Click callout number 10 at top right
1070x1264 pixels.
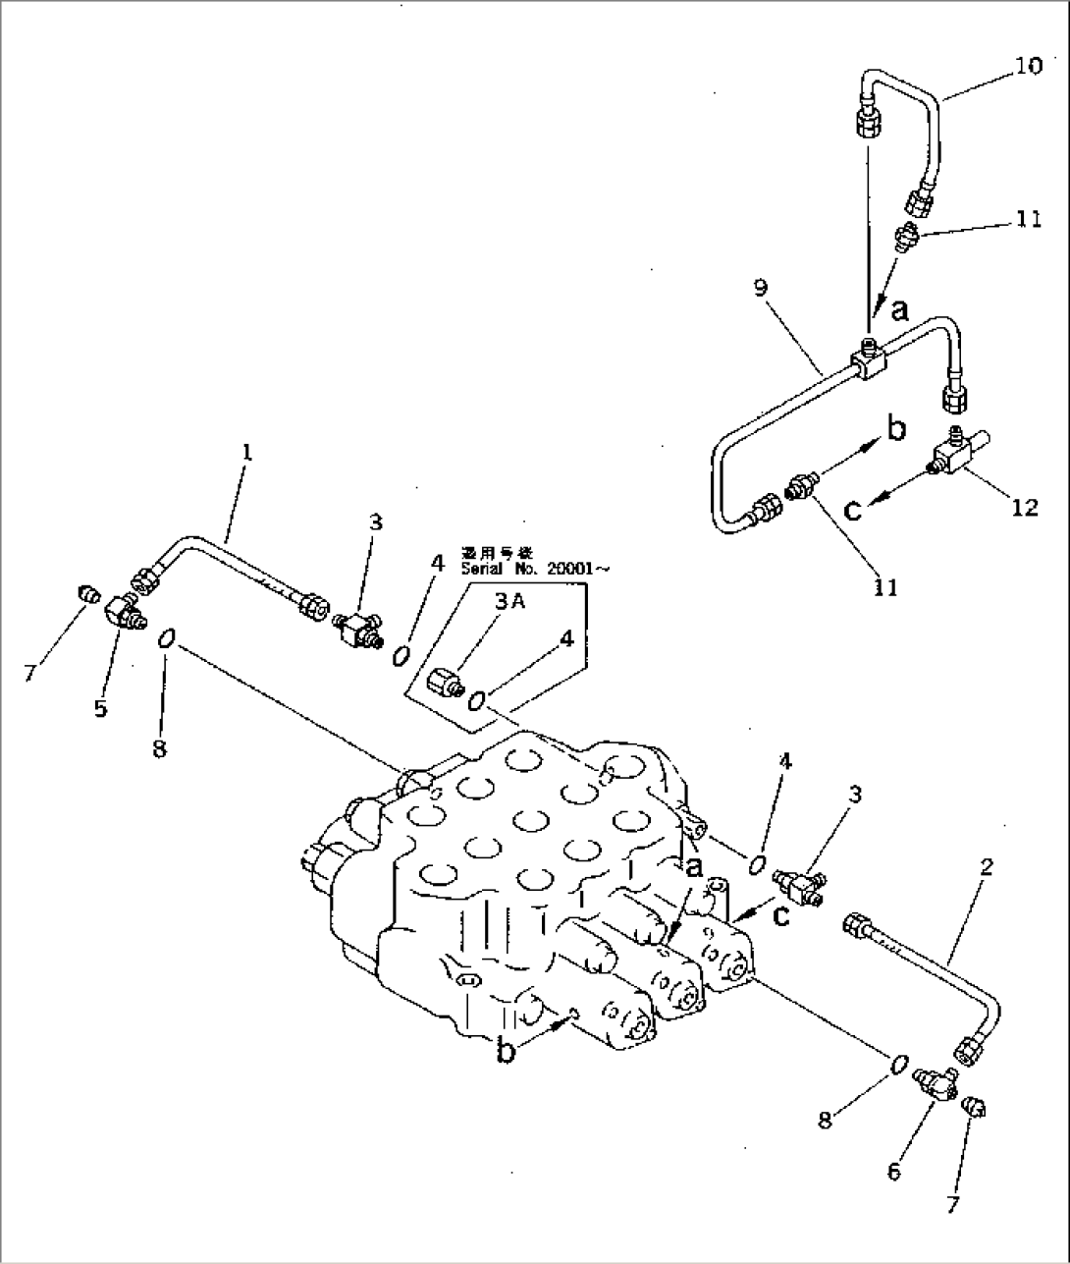(x=1028, y=66)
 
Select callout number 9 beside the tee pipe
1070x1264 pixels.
(x=761, y=289)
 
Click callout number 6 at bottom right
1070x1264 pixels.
(x=893, y=1171)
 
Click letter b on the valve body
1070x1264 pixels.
(x=506, y=1051)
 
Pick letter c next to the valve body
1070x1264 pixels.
(x=780, y=914)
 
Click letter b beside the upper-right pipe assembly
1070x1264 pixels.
(x=895, y=428)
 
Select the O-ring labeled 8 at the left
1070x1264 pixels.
(x=166, y=639)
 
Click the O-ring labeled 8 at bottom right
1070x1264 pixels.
(x=898, y=1065)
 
